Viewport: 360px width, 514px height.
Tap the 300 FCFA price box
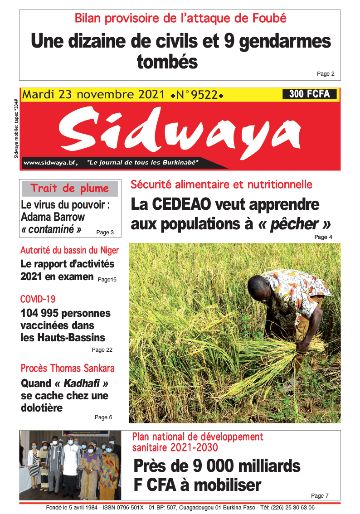310,94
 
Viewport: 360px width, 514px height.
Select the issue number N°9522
197,95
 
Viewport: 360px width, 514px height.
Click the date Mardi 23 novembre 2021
93,95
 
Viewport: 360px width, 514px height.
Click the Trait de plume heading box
70,189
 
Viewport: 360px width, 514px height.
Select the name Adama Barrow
53,217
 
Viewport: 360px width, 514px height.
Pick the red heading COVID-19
38,299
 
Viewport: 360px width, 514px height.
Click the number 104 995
39,313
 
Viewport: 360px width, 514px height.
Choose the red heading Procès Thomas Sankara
68,368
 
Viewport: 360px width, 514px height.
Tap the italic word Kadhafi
79,383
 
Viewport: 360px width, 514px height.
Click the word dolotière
41,408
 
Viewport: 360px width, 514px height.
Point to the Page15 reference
107,280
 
